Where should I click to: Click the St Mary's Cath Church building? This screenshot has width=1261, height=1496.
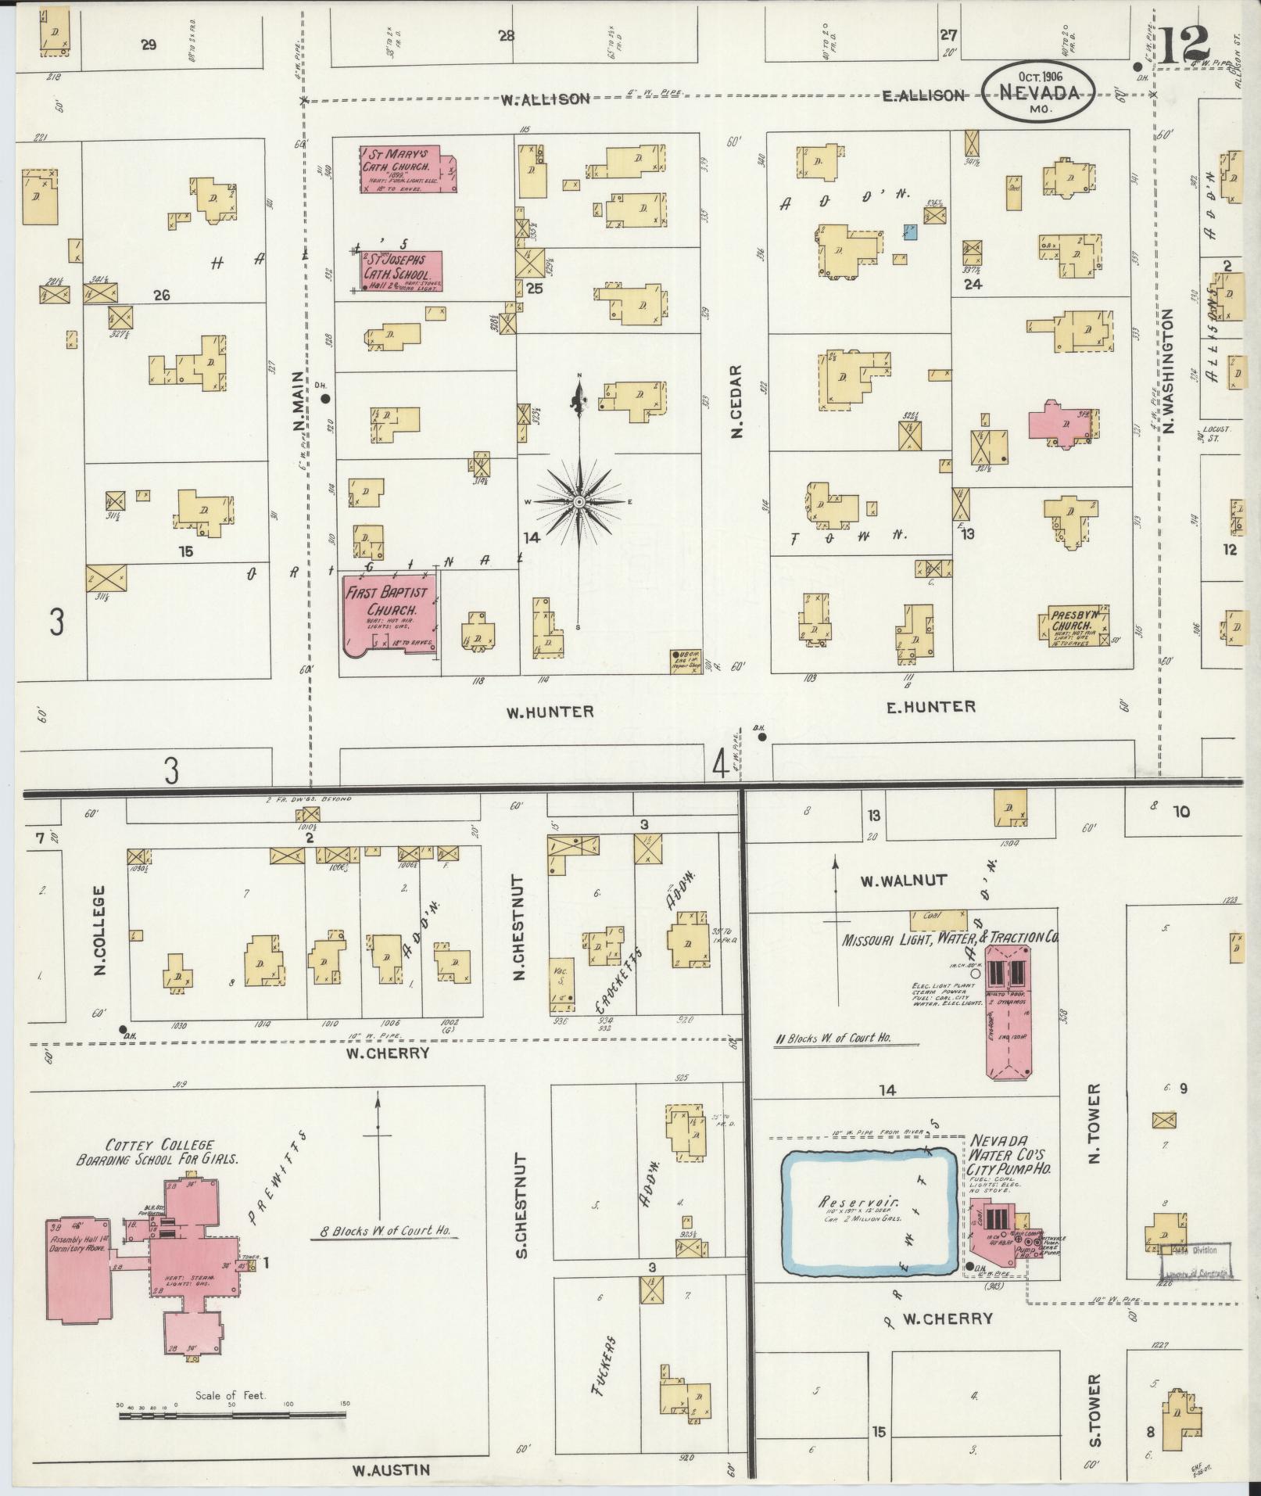(407, 168)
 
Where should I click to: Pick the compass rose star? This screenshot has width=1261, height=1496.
(579, 501)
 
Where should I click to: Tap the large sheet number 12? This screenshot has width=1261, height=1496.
(1186, 48)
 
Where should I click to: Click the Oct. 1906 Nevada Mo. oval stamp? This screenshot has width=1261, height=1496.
(1039, 91)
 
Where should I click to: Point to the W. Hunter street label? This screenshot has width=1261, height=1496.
(550, 712)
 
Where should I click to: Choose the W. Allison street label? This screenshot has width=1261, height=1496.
(545, 99)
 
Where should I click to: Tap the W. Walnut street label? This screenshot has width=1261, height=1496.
(903, 881)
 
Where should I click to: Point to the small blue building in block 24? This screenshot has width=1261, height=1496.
(910, 231)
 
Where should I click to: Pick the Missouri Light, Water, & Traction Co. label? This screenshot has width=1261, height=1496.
(950, 938)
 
